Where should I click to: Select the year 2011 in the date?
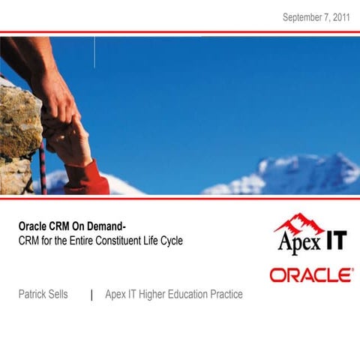[x=340, y=16]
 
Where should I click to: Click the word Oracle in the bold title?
[x=34, y=226]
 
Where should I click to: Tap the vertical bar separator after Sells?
[x=91, y=295]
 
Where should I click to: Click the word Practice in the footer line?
[x=226, y=295]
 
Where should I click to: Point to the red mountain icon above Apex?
[x=299, y=223]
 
